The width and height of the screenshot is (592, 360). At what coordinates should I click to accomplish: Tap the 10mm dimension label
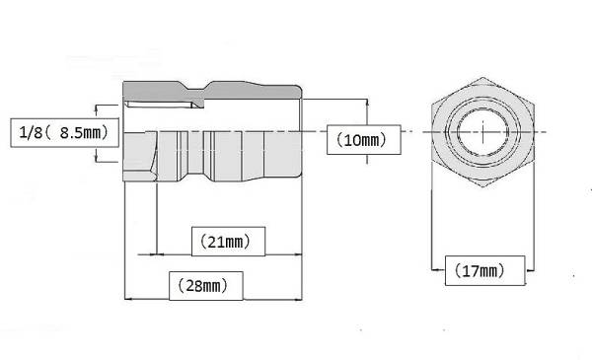pos(363,140)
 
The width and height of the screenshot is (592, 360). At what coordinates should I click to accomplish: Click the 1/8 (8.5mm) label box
pos(64,132)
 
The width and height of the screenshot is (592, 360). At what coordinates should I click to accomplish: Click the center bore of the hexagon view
pos(482,132)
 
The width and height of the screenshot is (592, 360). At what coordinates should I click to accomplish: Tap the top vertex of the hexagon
pos(482,78)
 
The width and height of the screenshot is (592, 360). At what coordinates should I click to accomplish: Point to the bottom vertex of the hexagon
pos(482,186)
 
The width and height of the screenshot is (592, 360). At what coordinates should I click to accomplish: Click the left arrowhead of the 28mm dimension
pos(128,299)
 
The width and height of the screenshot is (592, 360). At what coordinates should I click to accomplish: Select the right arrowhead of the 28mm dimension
pos(298,299)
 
